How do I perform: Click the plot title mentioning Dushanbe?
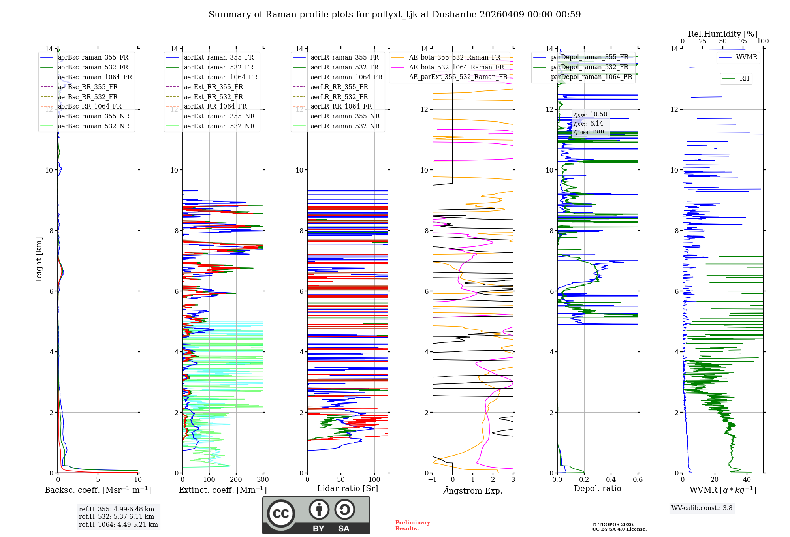pyautogui.click(x=395, y=15)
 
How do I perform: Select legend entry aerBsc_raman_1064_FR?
pyautogui.click(x=95, y=77)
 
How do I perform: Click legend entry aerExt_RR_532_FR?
pyautogui.click(x=213, y=97)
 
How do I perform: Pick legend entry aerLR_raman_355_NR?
pyautogui.click(x=345, y=116)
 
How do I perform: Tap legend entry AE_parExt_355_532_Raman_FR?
pyautogui.click(x=458, y=77)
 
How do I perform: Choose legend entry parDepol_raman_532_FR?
pyautogui.click(x=589, y=67)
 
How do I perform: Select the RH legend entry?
pyautogui.click(x=744, y=79)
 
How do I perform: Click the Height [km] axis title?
pyautogui.click(x=39, y=261)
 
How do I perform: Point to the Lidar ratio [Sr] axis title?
pyautogui.click(x=348, y=488)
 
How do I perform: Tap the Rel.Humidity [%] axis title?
pyautogui.click(x=722, y=34)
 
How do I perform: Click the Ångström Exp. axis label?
pyautogui.click(x=473, y=490)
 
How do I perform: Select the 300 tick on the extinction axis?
pyautogui.click(x=263, y=479)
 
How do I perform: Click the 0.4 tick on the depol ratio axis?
pyautogui.click(x=611, y=479)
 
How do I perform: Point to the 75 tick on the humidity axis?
pyautogui.click(x=743, y=41)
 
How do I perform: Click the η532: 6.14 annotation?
pyautogui.click(x=589, y=123)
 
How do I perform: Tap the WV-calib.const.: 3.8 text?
pyautogui.click(x=702, y=508)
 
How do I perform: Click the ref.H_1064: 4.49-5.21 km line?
pyautogui.click(x=118, y=524)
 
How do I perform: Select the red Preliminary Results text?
pyautogui.click(x=412, y=525)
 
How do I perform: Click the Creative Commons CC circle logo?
pyautogui.click(x=281, y=513)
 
